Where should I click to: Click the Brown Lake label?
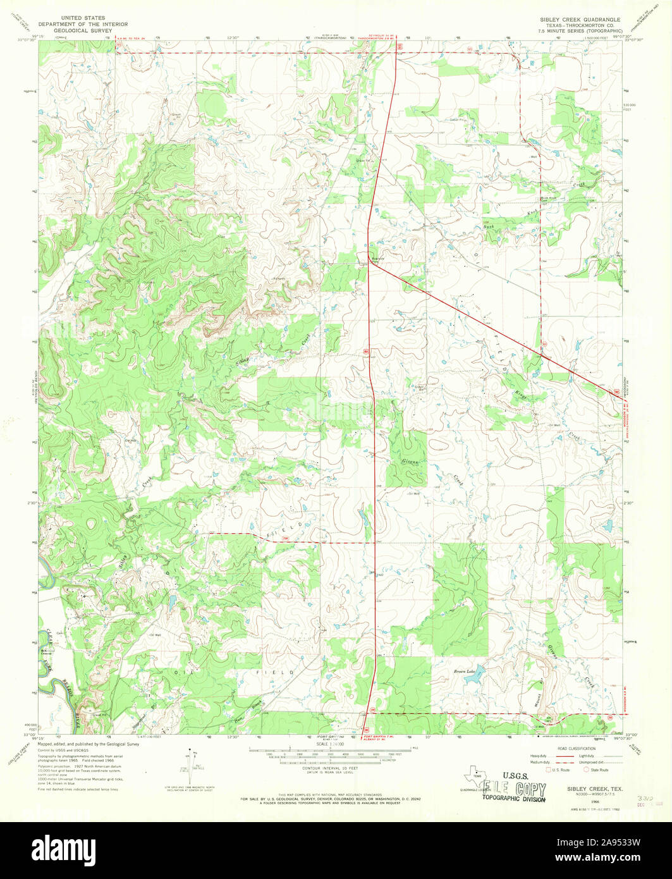coord(463,671)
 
